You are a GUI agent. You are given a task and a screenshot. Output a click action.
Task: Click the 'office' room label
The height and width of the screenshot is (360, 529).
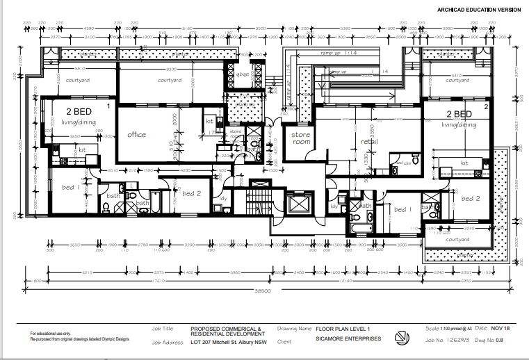tap(136, 134)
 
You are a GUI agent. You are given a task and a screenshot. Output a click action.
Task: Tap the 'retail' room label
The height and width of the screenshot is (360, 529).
tap(368, 141)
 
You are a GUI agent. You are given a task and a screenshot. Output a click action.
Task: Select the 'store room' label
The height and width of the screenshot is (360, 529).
tap(300, 137)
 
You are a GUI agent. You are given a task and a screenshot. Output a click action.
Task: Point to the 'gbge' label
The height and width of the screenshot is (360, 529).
tap(243, 75)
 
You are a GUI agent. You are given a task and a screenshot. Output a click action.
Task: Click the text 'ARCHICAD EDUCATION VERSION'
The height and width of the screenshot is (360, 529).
tap(478, 10)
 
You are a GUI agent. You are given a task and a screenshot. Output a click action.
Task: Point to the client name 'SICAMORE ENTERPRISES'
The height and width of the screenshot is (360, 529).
tap(348, 339)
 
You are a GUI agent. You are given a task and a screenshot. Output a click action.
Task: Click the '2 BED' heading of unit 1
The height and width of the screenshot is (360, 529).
tap(78, 112)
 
